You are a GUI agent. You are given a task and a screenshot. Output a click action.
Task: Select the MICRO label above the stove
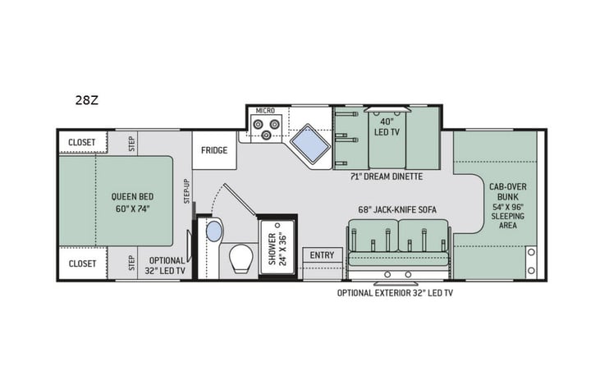(264, 109)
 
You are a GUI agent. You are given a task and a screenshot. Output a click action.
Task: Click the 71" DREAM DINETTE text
(385, 176)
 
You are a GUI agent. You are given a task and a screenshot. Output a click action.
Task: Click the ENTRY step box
(322, 255)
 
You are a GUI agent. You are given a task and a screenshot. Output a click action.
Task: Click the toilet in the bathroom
(240, 259)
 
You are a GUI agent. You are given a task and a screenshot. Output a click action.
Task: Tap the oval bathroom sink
(213, 231)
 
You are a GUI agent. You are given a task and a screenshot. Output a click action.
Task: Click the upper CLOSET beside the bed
(81, 142)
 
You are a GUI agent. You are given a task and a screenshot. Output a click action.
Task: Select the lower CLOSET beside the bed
(81, 264)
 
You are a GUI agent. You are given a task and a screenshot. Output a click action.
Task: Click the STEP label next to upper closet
(131, 143)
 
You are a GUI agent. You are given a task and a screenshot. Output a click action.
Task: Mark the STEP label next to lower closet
(131, 263)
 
